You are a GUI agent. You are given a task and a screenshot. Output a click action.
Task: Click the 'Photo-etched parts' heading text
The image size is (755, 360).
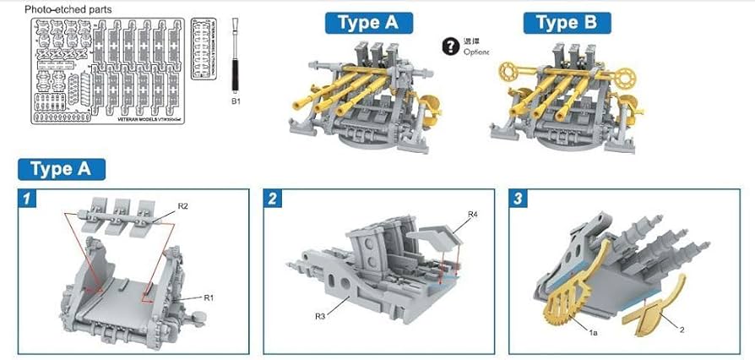click(x=68, y=8)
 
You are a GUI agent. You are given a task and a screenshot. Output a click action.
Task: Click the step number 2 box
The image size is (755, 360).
click(x=273, y=199)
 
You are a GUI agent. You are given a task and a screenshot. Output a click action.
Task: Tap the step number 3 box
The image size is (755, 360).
click(x=518, y=199)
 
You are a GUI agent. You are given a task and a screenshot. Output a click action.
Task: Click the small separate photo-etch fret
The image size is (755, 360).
click(x=207, y=48)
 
